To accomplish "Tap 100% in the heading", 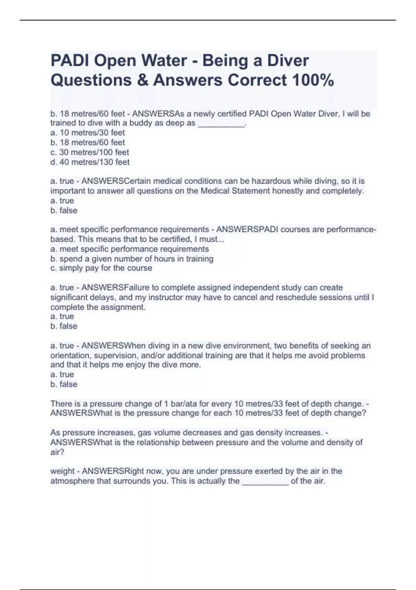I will pos(313,80).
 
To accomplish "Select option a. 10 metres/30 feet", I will pos(87,133).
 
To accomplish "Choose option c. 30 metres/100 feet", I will pos(89,152).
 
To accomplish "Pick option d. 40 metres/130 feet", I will pos(90,162).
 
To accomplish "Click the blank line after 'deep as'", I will pos(221,124).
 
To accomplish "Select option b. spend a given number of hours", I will pos(132,259).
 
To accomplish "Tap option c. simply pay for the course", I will pos(101,268).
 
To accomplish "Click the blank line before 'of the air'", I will pos(265,481).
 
